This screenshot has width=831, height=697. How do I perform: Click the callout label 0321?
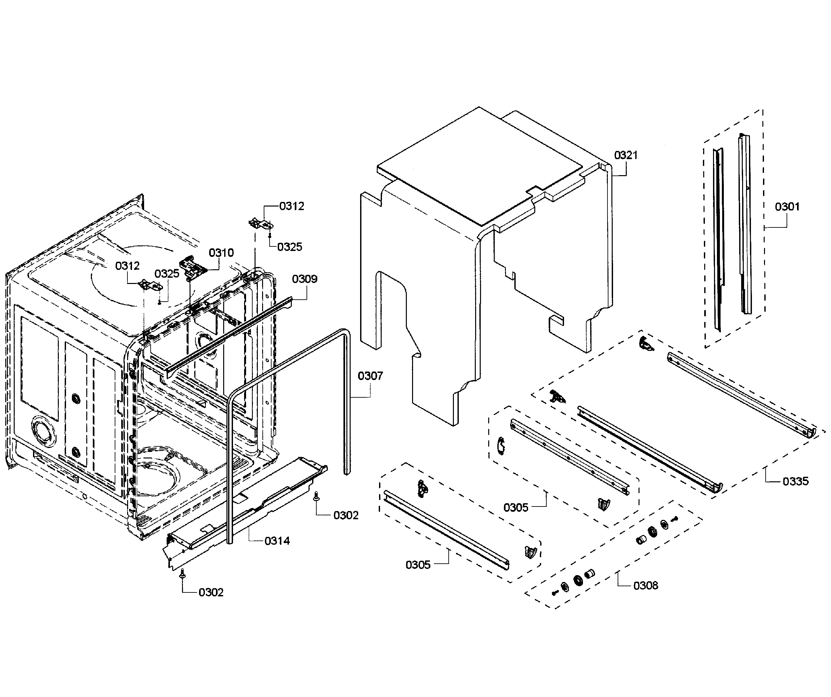[x=626, y=155]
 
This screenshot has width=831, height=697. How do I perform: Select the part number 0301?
[x=787, y=207]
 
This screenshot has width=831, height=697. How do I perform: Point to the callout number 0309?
[x=304, y=279]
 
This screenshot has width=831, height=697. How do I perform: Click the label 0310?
[x=221, y=253]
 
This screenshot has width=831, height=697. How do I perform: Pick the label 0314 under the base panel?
[x=277, y=541]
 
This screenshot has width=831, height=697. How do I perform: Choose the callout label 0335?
[x=795, y=481]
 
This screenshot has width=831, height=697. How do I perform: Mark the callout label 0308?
[x=645, y=585]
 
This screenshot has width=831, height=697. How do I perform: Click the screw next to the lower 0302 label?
[x=182, y=573]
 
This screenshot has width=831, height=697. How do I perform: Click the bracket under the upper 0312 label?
[x=260, y=224]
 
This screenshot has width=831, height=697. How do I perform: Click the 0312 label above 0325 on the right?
[x=291, y=206]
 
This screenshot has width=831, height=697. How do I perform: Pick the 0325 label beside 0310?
[x=167, y=274]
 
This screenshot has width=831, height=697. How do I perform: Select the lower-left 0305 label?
[x=418, y=565]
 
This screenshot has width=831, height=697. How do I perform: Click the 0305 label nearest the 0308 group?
[x=516, y=507]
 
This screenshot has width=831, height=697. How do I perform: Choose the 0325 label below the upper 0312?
[x=289, y=247]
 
